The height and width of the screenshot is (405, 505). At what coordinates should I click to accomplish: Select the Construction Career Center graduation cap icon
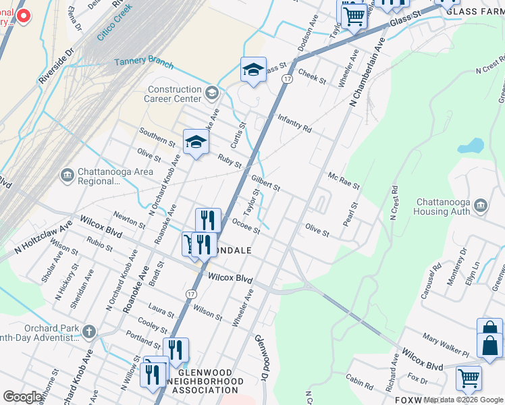click(212, 92)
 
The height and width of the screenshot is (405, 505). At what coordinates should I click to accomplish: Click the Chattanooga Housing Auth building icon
click(480, 205)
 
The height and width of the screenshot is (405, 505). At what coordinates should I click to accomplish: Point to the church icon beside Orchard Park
click(89, 331)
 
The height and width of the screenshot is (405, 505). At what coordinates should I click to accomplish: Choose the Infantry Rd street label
click(294, 123)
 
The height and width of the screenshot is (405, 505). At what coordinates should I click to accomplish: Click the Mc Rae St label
click(344, 180)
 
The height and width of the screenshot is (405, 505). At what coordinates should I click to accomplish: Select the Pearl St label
click(349, 213)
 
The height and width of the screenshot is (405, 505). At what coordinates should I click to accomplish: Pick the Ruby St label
click(230, 161)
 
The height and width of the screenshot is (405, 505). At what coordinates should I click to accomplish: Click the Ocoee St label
click(246, 225)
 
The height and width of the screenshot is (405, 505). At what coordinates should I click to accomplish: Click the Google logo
click(23, 397)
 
